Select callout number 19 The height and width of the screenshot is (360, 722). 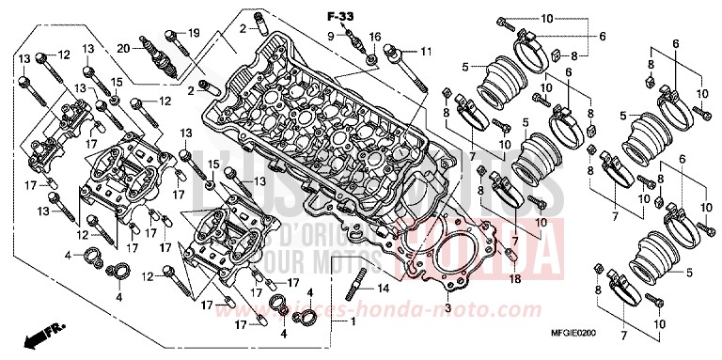coord(195,33)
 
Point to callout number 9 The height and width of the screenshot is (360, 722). coord(331,36)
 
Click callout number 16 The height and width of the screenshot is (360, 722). coord(375,36)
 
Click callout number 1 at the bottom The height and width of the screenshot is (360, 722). coord(353,322)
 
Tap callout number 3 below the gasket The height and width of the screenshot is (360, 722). coord(447,308)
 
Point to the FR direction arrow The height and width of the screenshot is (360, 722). coord(39,335)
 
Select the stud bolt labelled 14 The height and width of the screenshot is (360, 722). coord(359,283)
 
